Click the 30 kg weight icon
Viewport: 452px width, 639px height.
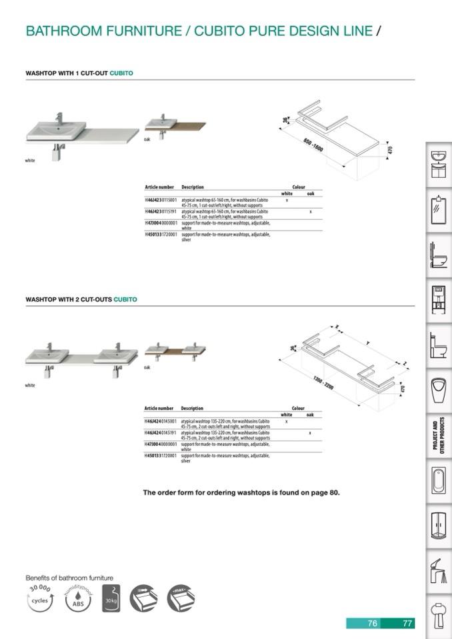pyautogui.click(x=111, y=599)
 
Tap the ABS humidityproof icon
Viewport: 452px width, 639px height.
pyautogui.click(x=75, y=599)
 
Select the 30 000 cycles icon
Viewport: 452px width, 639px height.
pyautogui.click(x=39, y=599)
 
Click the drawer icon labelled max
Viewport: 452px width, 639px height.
pyautogui.click(x=181, y=599)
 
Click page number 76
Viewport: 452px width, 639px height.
pyautogui.click(x=373, y=624)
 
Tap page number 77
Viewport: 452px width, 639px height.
pyautogui.click(x=407, y=624)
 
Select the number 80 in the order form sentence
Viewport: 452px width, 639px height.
pyautogui.click(x=333, y=493)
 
